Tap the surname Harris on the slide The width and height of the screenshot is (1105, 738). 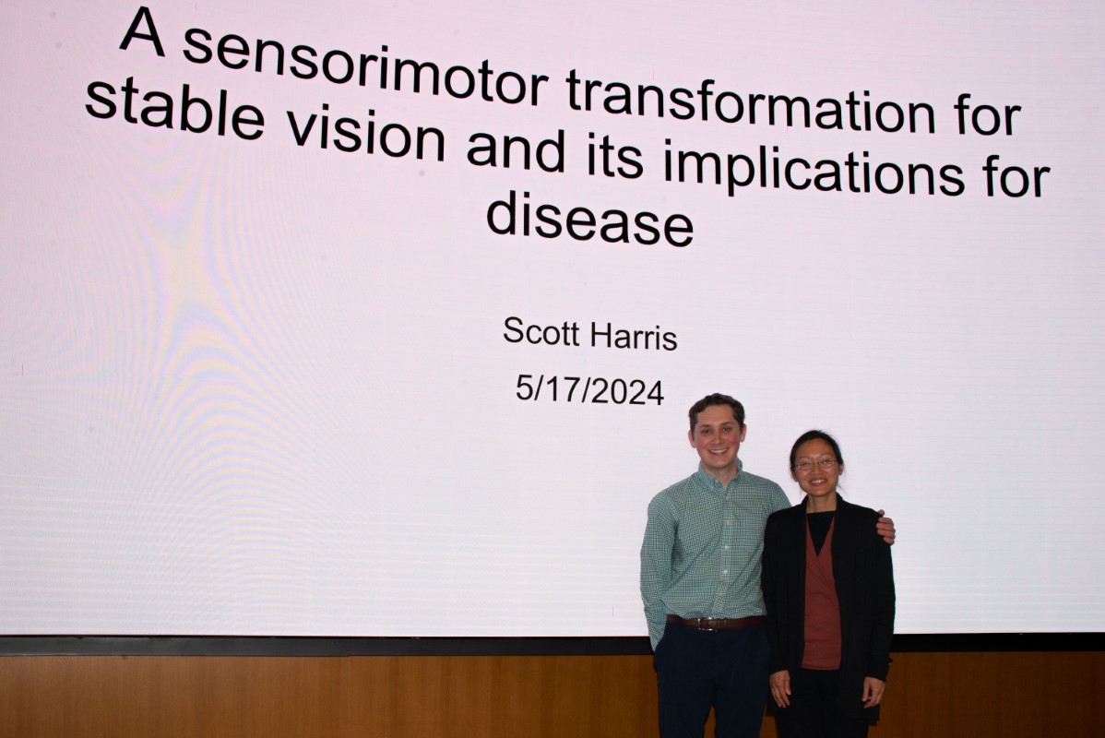pyautogui.click(x=634, y=336)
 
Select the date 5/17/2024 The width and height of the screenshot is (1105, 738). pyautogui.click(x=589, y=390)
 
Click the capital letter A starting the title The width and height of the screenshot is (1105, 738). pyautogui.click(x=142, y=31)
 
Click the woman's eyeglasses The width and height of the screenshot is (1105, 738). pyautogui.click(x=816, y=465)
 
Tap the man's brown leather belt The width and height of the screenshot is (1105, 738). pyautogui.click(x=715, y=623)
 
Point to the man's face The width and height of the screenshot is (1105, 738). pyautogui.click(x=717, y=435)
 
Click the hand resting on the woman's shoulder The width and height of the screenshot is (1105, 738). pyautogui.click(x=885, y=528)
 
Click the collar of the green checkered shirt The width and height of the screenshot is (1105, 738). pyautogui.click(x=719, y=477)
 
